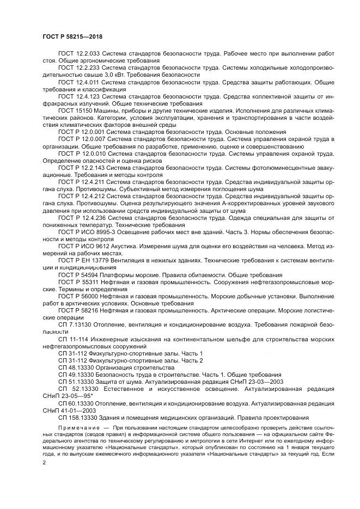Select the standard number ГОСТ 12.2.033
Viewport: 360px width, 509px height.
[x=79, y=54]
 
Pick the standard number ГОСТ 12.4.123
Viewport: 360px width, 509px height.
[x=79, y=96]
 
